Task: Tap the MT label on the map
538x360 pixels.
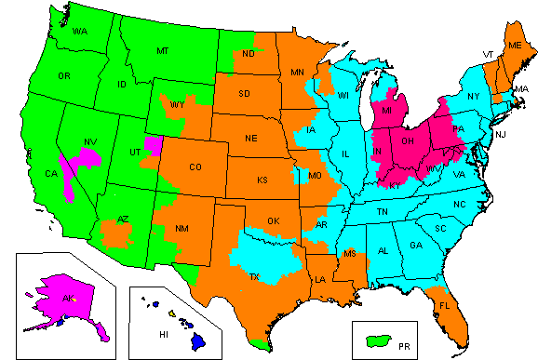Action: coord(164,50)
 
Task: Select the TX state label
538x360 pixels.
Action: coord(255,277)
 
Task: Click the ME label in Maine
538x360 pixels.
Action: coord(515,45)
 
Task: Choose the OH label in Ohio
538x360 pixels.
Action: coord(407,141)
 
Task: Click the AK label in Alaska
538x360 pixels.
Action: coord(68,299)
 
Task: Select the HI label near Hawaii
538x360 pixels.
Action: coord(163,332)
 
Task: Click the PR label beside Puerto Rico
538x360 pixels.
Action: coord(403,345)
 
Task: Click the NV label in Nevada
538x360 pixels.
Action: coord(91,142)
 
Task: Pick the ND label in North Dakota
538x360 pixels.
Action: coord(249,55)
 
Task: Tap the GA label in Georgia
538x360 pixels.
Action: coord(415,246)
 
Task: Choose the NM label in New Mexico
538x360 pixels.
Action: coord(183,228)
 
